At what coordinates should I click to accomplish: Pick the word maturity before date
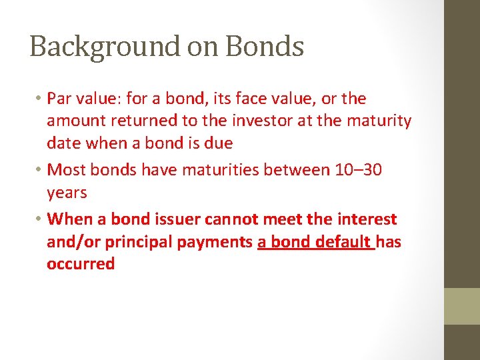click(379, 121)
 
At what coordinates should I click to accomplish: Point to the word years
click(67, 193)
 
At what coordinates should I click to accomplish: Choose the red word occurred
click(81, 263)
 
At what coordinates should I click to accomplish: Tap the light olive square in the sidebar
click(462, 306)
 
